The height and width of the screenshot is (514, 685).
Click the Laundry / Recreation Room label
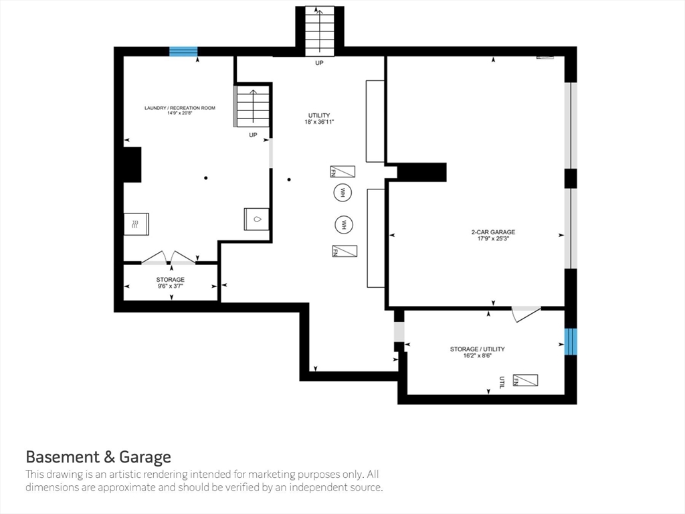179,108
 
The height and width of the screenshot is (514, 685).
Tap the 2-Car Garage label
493,232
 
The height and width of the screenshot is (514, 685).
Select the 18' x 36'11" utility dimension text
319,122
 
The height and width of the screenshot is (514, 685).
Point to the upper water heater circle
342,192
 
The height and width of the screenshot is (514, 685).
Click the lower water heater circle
344,225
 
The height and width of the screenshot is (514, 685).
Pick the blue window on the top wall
183,52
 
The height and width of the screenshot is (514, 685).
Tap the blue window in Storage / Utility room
571,342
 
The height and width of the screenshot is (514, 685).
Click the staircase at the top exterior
319,31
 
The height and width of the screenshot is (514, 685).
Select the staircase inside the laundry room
252,106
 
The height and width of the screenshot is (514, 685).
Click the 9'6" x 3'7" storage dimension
171,286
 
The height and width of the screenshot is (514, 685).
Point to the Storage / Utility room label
477,349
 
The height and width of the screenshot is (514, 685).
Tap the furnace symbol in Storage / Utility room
525,380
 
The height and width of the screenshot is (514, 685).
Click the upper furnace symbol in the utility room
342,171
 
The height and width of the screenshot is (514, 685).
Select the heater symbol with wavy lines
136,224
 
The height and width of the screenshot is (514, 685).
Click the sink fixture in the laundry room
256,219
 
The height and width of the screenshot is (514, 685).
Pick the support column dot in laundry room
206,178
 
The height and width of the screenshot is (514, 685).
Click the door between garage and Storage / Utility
526,313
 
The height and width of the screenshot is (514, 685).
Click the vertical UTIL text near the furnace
502,382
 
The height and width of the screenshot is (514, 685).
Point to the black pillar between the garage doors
571,178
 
